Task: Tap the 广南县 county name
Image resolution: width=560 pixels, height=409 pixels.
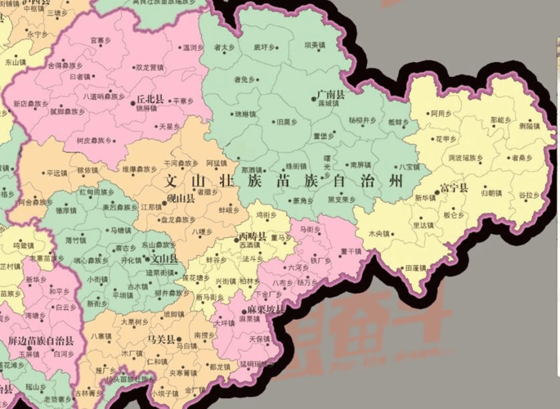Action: [331, 96]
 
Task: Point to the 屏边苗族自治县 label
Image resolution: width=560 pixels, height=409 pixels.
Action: [41, 339]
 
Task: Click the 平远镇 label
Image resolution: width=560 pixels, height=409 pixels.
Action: [56, 173]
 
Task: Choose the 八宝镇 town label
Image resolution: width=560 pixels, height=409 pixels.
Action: [410, 167]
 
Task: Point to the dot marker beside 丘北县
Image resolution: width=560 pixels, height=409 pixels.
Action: [131, 100]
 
